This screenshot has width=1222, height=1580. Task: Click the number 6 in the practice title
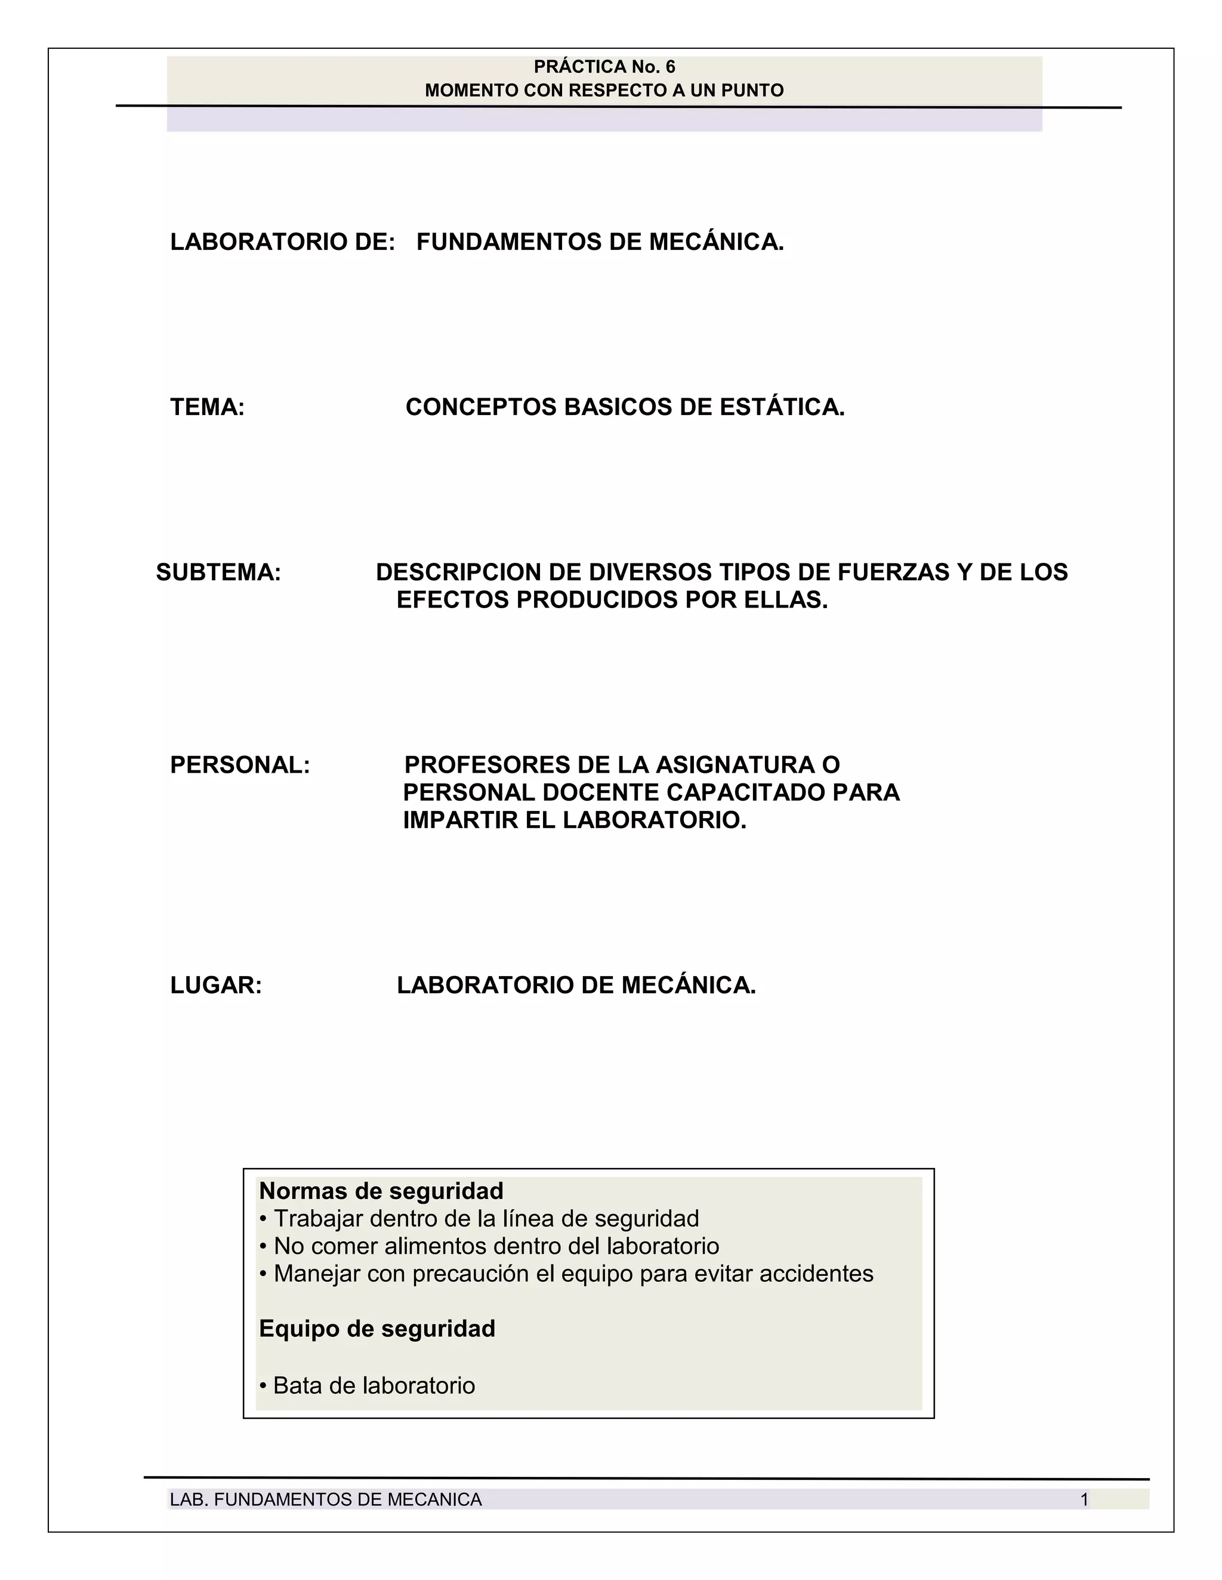click(x=669, y=67)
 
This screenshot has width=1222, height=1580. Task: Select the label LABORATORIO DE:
click(x=282, y=241)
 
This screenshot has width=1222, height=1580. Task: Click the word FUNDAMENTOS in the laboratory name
click(x=509, y=241)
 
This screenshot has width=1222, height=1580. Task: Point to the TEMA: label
click(x=208, y=407)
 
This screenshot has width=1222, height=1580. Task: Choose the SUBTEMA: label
click(x=218, y=572)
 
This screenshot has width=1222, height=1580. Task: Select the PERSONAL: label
click(x=240, y=765)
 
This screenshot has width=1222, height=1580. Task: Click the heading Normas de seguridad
click(x=381, y=1190)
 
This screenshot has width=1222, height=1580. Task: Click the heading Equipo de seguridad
click(x=377, y=1328)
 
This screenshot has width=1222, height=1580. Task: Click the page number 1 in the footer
click(x=1084, y=1500)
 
